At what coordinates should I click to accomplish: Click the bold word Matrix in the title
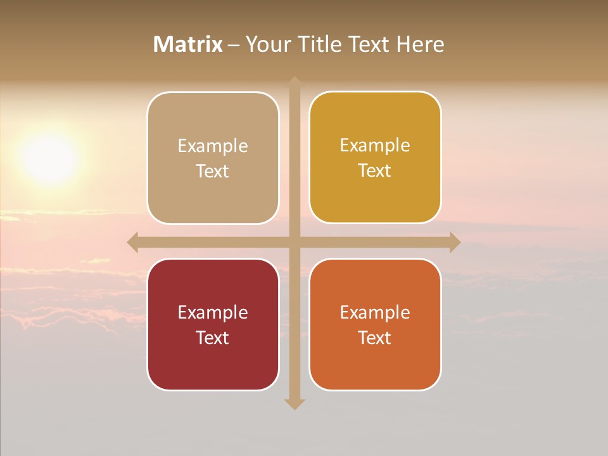pos(187,44)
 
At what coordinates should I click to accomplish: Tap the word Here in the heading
pos(420,44)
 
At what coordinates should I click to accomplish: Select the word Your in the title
pos(266,44)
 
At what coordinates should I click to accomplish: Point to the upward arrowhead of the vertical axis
pos(294,82)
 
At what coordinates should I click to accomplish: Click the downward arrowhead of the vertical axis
pos(294,403)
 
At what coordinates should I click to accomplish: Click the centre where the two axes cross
pos(294,242)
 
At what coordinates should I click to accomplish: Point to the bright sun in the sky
pos(49,158)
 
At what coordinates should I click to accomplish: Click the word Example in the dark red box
pos(213,312)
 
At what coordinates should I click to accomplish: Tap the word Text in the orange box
pos(375,338)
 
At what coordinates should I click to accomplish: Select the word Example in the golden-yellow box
pos(375,145)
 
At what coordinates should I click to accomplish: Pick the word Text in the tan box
pos(213,171)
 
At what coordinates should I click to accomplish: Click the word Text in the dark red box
pos(213,338)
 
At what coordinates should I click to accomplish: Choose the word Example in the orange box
pos(375,312)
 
